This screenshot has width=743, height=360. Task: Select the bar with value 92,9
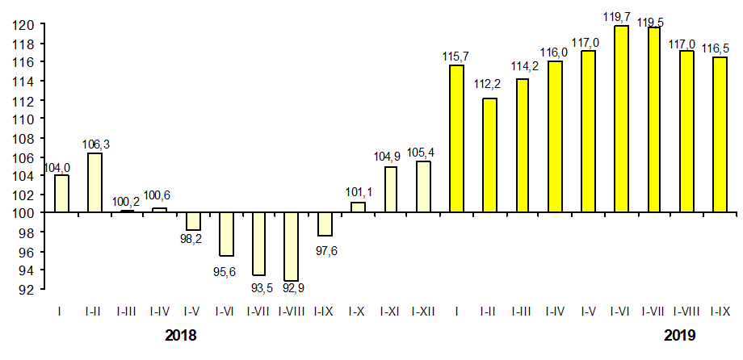292,246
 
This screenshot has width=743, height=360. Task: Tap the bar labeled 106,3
94,182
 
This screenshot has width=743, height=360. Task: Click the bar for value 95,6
225,234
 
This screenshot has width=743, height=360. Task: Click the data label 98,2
192,240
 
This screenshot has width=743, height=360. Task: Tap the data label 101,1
357,193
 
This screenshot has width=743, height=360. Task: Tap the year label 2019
680,334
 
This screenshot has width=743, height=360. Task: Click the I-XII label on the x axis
423,310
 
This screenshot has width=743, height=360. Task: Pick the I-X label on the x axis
357,310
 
